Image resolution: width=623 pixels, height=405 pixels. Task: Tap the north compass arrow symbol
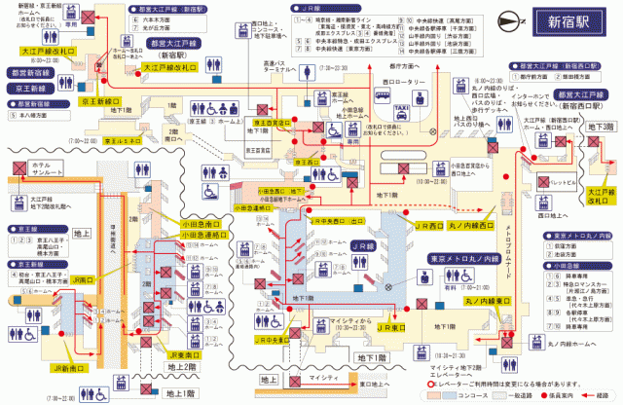[508, 21]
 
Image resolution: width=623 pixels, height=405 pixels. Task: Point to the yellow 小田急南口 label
[201, 223]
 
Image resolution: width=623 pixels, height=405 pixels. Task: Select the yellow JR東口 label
[391, 328]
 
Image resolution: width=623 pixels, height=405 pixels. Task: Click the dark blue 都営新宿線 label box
[32, 73]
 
